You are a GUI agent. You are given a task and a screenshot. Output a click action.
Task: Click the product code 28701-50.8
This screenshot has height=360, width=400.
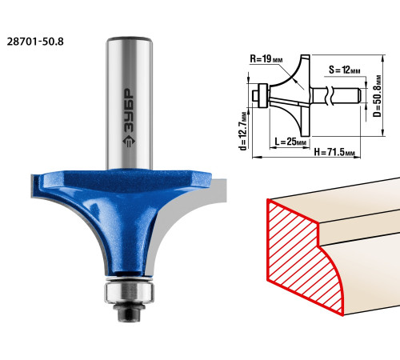point(35,42)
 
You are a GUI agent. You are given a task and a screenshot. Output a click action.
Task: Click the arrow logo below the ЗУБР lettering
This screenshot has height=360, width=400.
point(129,141)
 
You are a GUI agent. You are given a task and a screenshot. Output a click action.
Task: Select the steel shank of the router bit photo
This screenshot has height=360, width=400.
point(130,103)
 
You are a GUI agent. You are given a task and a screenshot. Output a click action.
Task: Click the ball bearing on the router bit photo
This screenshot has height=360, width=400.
point(129,292)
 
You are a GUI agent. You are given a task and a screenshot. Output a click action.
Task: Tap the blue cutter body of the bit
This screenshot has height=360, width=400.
point(122,214)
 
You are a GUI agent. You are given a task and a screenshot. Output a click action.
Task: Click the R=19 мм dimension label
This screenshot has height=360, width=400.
point(266,59)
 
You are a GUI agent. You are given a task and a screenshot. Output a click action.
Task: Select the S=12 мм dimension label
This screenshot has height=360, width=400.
point(344,70)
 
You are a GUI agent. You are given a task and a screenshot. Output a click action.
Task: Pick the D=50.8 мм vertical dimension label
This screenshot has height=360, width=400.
point(378,96)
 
